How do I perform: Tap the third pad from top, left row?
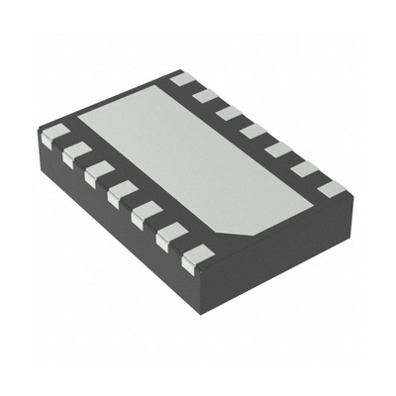coord(98,172)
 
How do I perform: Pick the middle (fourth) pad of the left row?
coord(122,192)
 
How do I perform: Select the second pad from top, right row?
coord(205,95)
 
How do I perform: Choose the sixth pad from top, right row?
coord(304,168)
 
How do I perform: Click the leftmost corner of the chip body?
coord(42,139)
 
